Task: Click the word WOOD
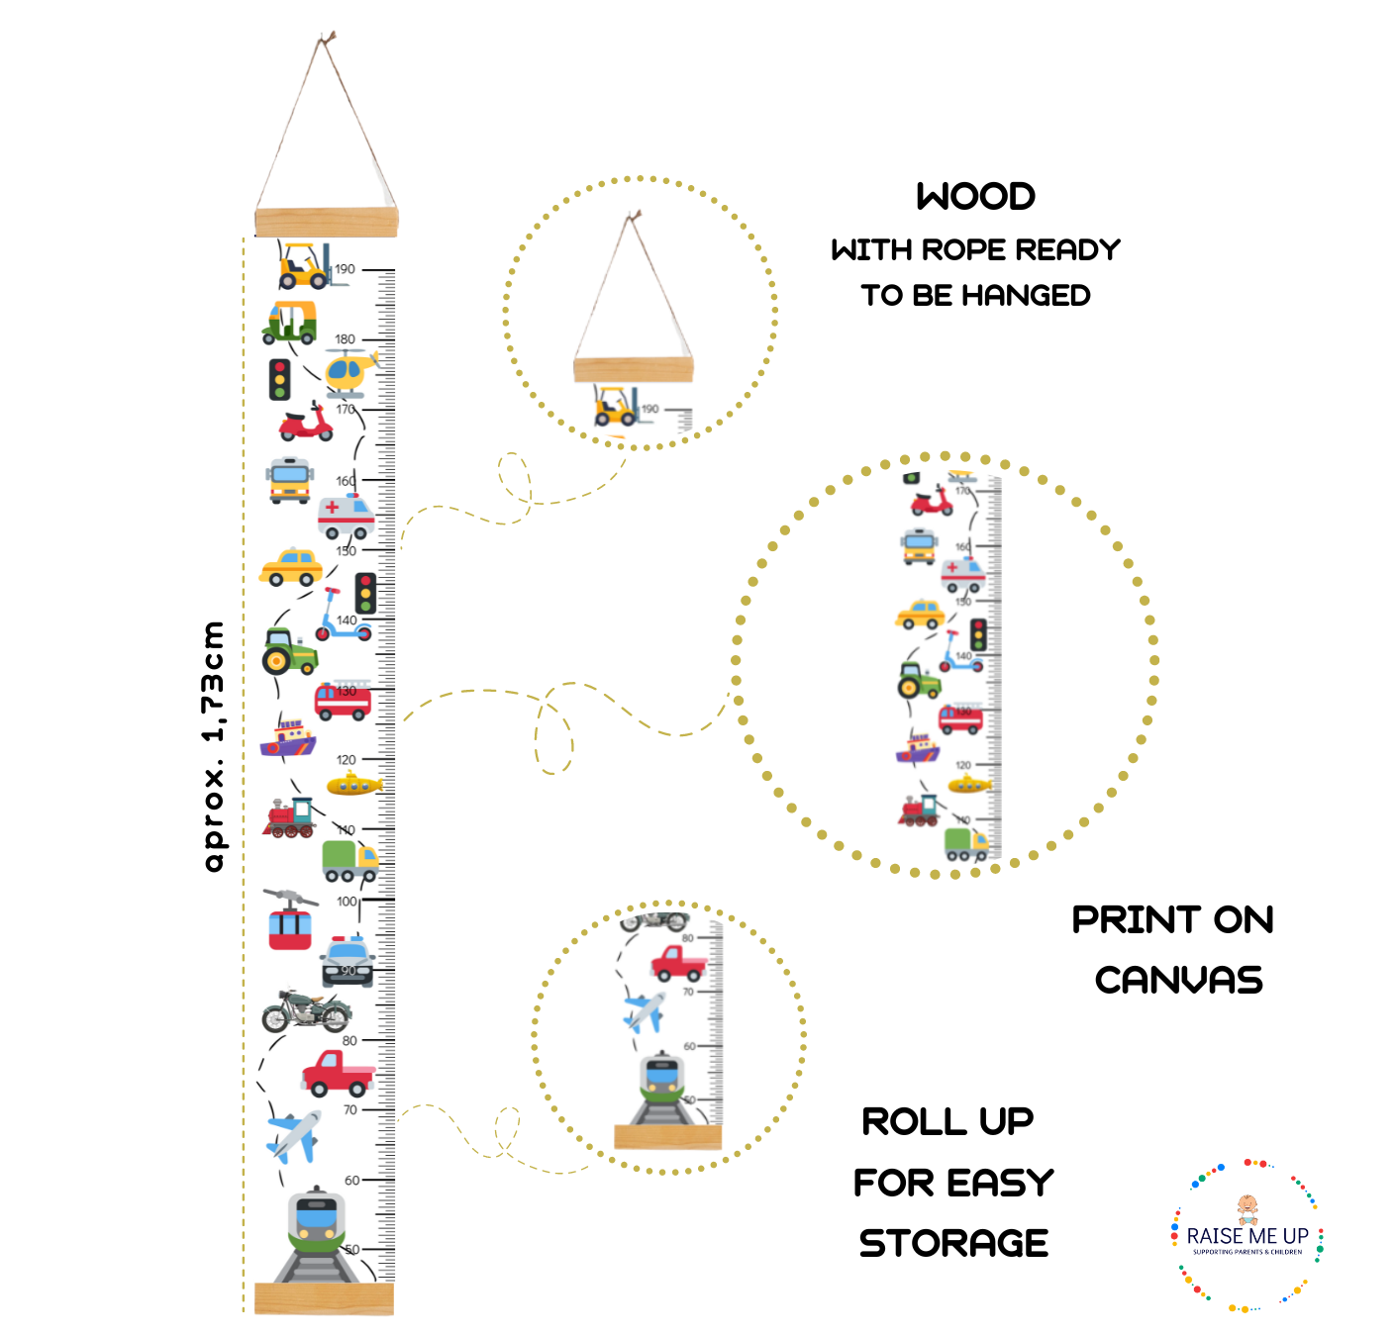(x=975, y=196)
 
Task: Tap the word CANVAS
(x=1178, y=980)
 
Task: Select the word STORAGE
(x=953, y=1243)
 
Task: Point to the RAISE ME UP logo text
(x=1247, y=1236)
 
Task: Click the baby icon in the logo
(x=1247, y=1207)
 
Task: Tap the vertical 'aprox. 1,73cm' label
(x=213, y=746)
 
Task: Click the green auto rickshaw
(x=290, y=322)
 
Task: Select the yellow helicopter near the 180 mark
(x=349, y=373)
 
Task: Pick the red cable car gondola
(x=290, y=921)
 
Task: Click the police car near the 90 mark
(x=348, y=961)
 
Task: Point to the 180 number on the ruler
(x=345, y=339)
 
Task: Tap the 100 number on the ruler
(x=347, y=902)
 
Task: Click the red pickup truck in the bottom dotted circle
(x=678, y=962)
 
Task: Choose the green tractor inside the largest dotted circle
(x=918, y=680)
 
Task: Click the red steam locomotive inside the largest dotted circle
(x=919, y=811)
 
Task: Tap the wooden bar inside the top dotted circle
(x=634, y=370)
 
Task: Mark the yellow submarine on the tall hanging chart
(x=353, y=785)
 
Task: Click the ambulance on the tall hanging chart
(x=346, y=515)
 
